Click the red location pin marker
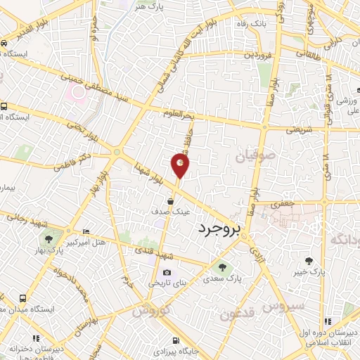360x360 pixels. tap(180, 165)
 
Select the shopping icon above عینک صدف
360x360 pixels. tap(171, 201)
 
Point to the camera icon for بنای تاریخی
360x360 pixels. tap(167, 273)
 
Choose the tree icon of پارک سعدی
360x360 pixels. tap(223, 267)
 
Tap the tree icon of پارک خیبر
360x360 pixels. tap(308, 262)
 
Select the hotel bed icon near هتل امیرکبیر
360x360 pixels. tap(86, 232)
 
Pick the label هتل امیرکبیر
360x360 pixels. tap(84, 243)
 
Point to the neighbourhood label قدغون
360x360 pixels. tap(239, 314)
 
